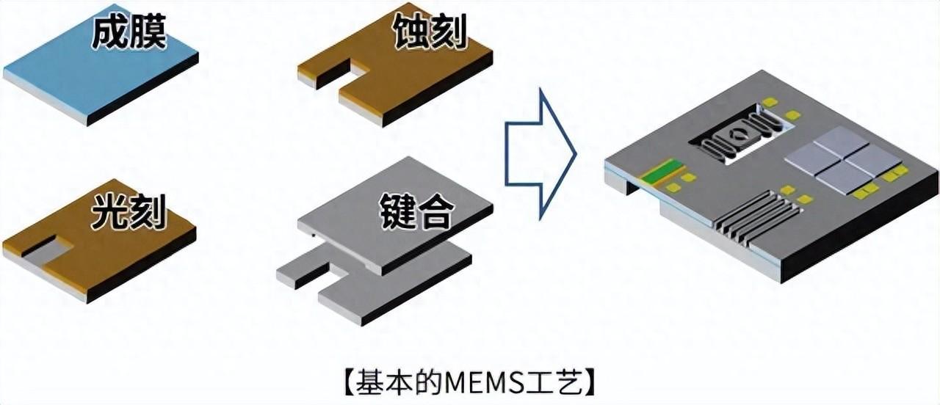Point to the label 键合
click(x=416, y=213)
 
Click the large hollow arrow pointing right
click(x=540, y=154)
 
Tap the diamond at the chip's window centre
click(x=736, y=134)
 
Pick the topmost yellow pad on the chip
click(x=770, y=102)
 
